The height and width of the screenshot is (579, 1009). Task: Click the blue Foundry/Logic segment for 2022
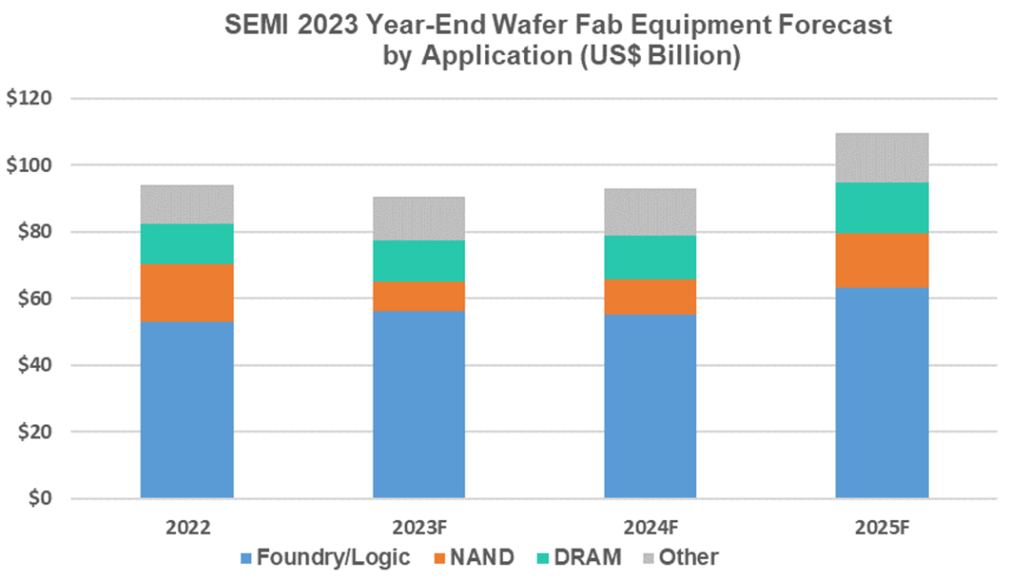click(x=187, y=409)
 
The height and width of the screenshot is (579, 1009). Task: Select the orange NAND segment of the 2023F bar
click(x=419, y=296)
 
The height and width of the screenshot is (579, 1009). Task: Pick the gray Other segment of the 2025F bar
click(x=881, y=158)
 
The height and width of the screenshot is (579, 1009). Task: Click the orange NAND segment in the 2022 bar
click(x=187, y=292)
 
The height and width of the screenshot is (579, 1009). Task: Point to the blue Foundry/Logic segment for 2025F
click(x=881, y=392)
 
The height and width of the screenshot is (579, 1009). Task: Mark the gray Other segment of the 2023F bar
click(x=419, y=219)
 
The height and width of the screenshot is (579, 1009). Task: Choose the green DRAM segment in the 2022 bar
click(x=187, y=244)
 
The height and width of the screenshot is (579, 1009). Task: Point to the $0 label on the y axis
click(x=42, y=499)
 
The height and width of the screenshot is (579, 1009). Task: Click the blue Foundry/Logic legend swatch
click(x=247, y=558)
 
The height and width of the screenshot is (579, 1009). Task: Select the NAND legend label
click(x=481, y=558)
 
